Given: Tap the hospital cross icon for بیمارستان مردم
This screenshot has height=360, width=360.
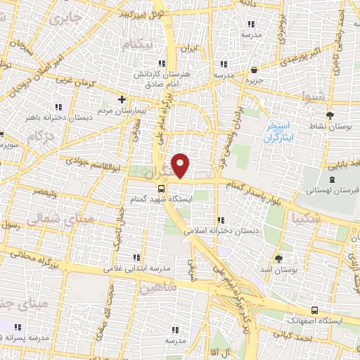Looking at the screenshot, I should pos(122,100).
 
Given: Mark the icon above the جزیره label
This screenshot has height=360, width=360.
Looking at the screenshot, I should pos(253,70).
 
